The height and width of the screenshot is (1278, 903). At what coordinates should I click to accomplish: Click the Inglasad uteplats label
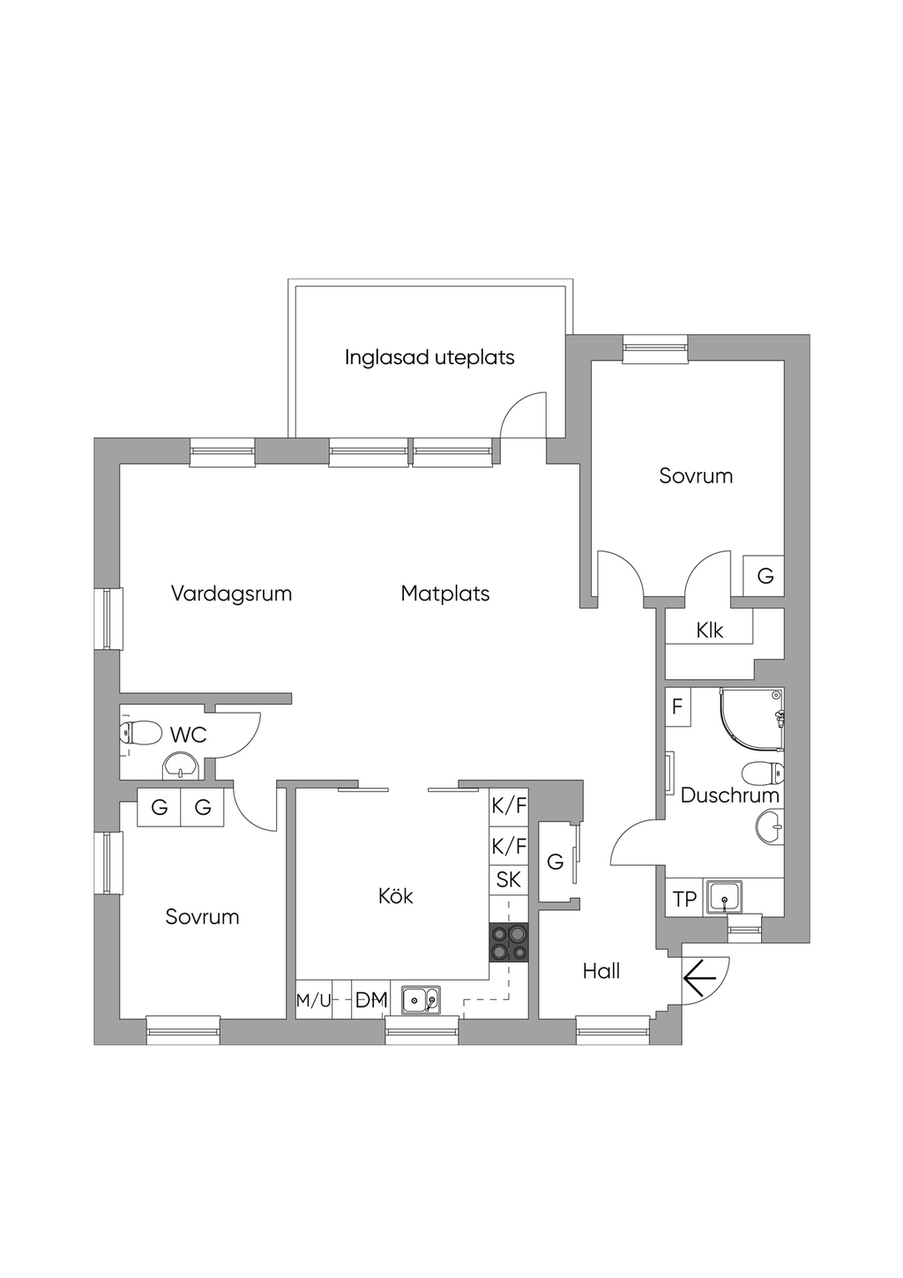click(x=429, y=357)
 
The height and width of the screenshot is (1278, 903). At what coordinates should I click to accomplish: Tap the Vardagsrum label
click(x=231, y=594)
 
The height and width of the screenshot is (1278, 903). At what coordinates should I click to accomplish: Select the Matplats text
click(x=445, y=594)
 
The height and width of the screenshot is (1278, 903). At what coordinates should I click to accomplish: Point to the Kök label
click(x=395, y=896)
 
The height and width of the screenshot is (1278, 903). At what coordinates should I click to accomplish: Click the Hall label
click(x=601, y=971)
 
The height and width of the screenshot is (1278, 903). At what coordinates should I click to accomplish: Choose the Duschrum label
click(x=729, y=796)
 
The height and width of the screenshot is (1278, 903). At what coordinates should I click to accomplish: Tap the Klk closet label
click(x=710, y=631)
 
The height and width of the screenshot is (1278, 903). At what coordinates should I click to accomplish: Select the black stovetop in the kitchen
click(x=508, y=943)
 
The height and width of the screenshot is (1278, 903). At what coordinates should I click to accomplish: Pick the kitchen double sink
click(x=421, y=999)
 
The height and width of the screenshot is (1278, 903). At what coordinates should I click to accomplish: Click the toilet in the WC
click(x=140, y=733)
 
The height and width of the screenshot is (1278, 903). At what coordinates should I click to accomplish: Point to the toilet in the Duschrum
click(x=763, y=774)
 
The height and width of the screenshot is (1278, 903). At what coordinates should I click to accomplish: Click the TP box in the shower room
click(x=684, y=899)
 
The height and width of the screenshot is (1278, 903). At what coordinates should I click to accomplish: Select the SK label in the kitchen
click(x=509, y=879)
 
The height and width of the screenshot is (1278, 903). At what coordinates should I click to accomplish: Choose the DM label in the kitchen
click(x=371, y=999)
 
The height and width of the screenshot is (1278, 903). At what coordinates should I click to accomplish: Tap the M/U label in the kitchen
click(x=314, y=999)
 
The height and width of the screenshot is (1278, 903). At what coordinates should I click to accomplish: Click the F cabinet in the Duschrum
click(x=678, y=706)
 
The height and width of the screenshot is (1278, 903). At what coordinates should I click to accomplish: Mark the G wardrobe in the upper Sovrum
click(x=764, y=576)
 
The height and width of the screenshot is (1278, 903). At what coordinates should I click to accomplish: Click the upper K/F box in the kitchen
click(x=509, y=805)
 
